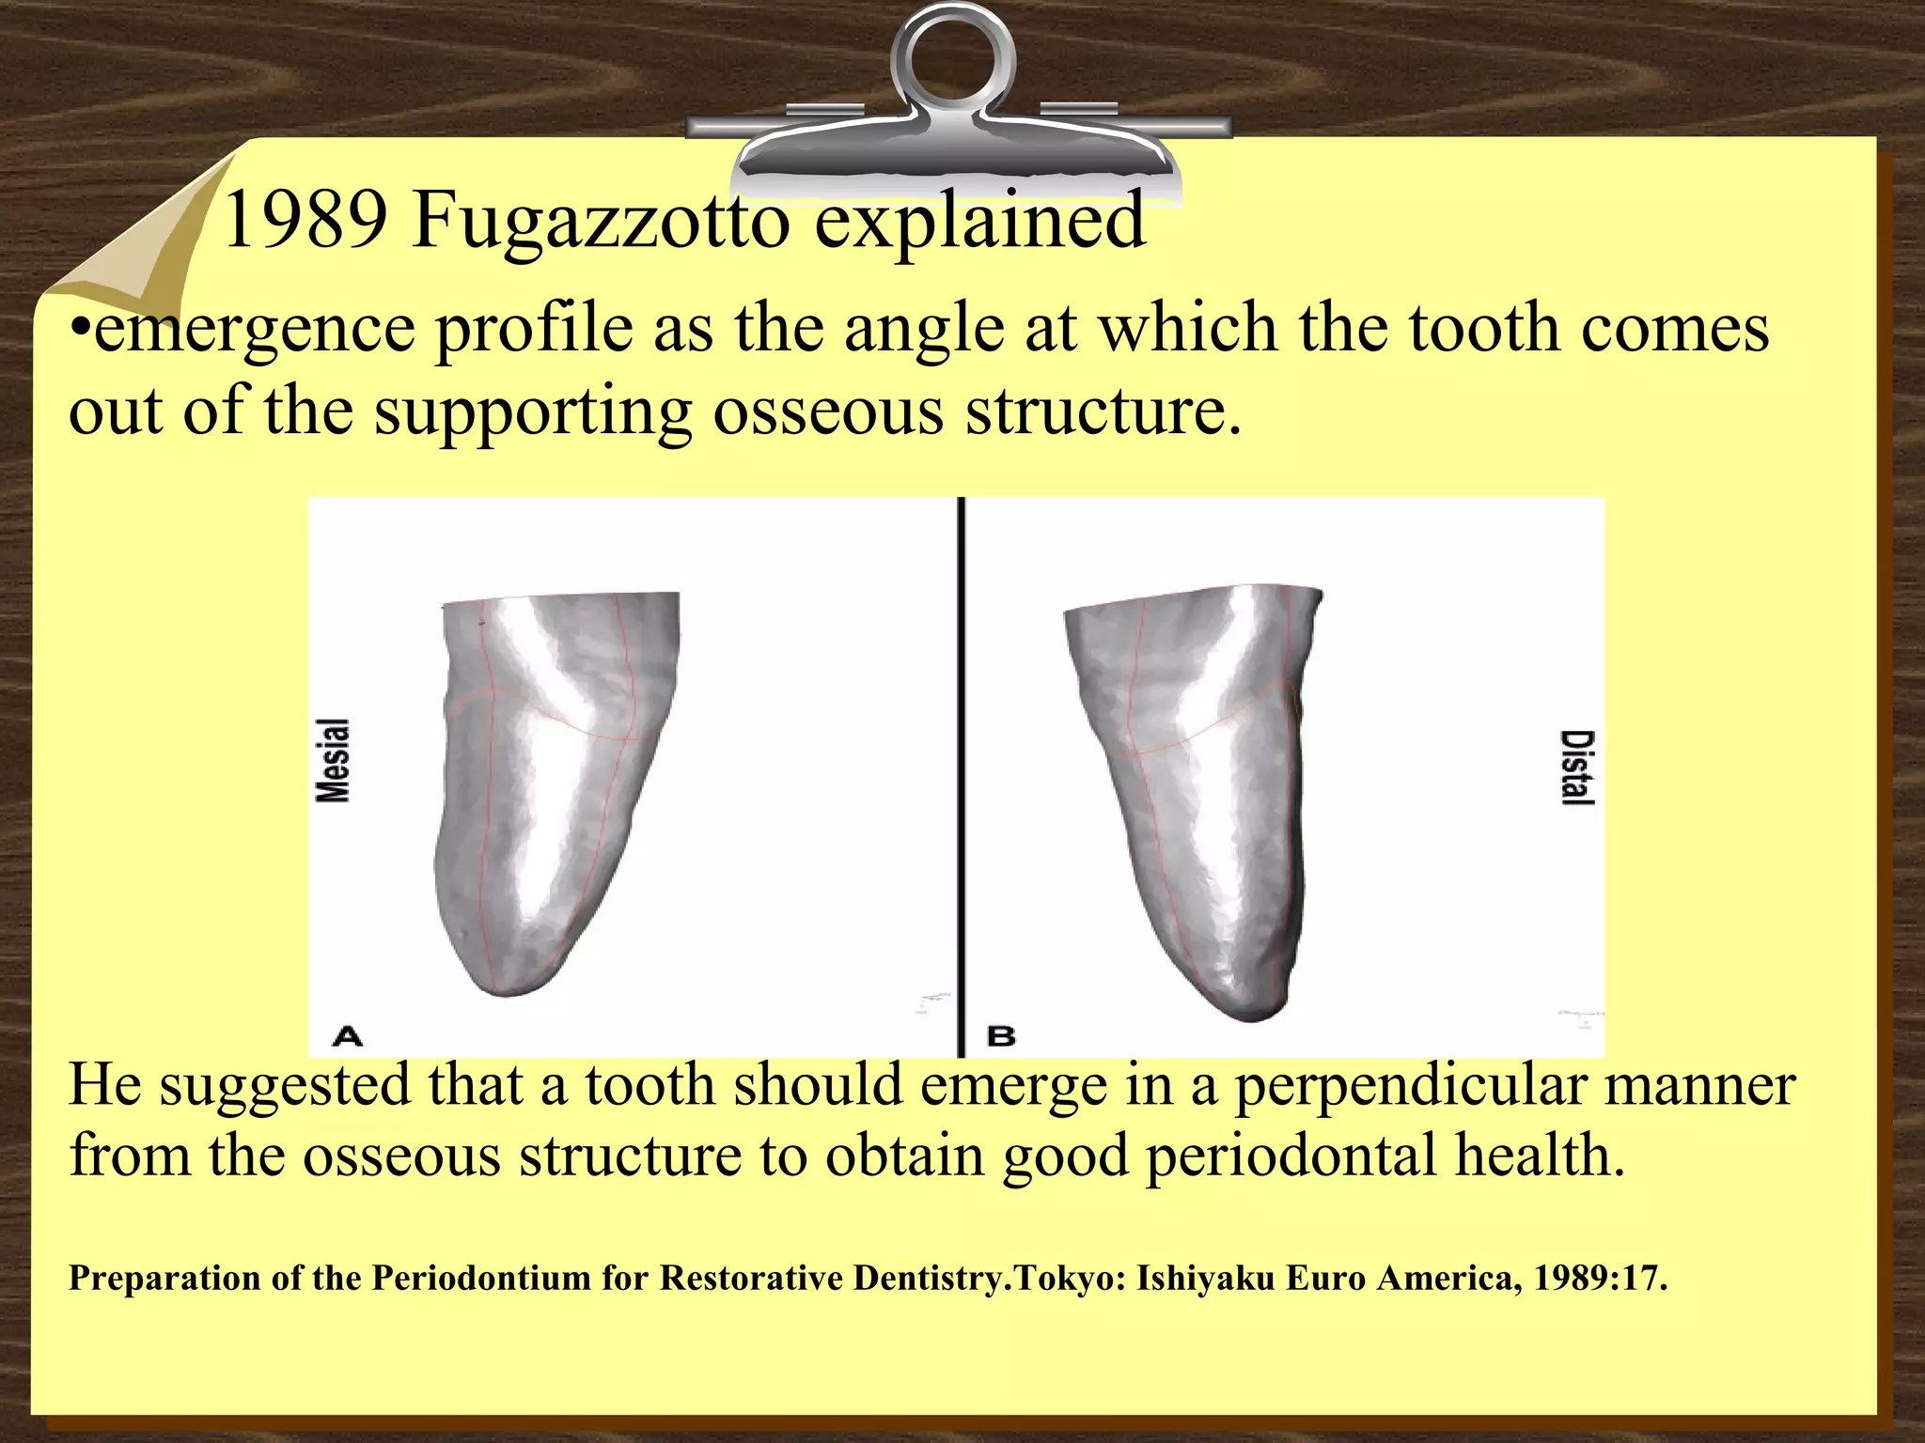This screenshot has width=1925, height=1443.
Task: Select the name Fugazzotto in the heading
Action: pyautogui.click(x=601, y=222)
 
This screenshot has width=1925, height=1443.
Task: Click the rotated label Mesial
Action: pyautogui.click(x=333, y=760)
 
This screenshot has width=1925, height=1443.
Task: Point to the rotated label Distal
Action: pyautogui.click(x=1576, y=768)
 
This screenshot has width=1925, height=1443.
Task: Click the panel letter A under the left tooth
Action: pyautogui.click(x=347, y=1036)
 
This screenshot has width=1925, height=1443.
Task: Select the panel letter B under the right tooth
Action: pyautogui.click(x=1001, y=1036)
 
